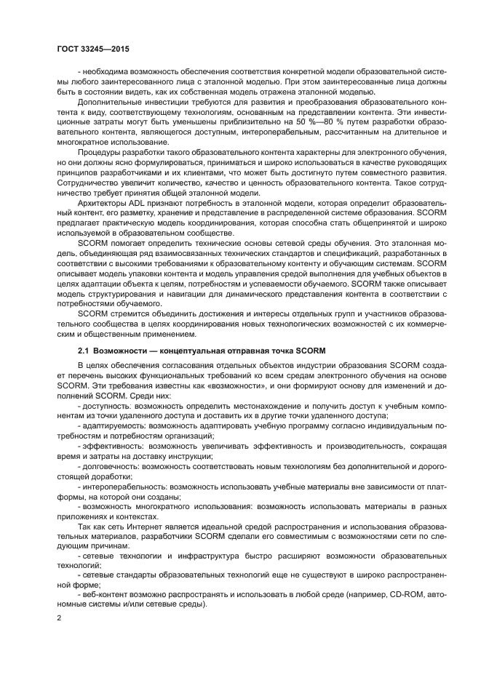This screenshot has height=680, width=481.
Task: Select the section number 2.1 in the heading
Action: point(83,351)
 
